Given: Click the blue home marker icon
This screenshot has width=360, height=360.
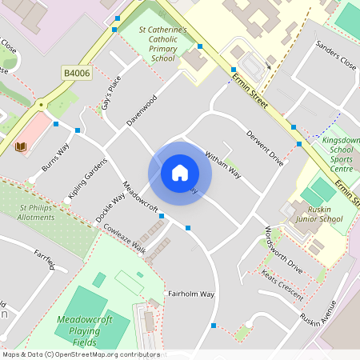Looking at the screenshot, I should [x=180, y=173].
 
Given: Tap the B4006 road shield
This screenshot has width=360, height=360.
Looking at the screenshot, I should [x=75, y=73].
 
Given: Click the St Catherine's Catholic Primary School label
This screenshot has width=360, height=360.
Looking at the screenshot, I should [x=162, y=43].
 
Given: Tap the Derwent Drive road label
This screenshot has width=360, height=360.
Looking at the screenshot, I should [x=265, y=147].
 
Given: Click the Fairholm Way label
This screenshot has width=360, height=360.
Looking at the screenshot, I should [x=190, y=294].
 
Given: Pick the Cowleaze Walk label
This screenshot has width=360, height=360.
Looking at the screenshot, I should [x=124, y=238].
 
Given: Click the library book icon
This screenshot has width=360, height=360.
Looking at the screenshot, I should [x=21, y=146].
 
